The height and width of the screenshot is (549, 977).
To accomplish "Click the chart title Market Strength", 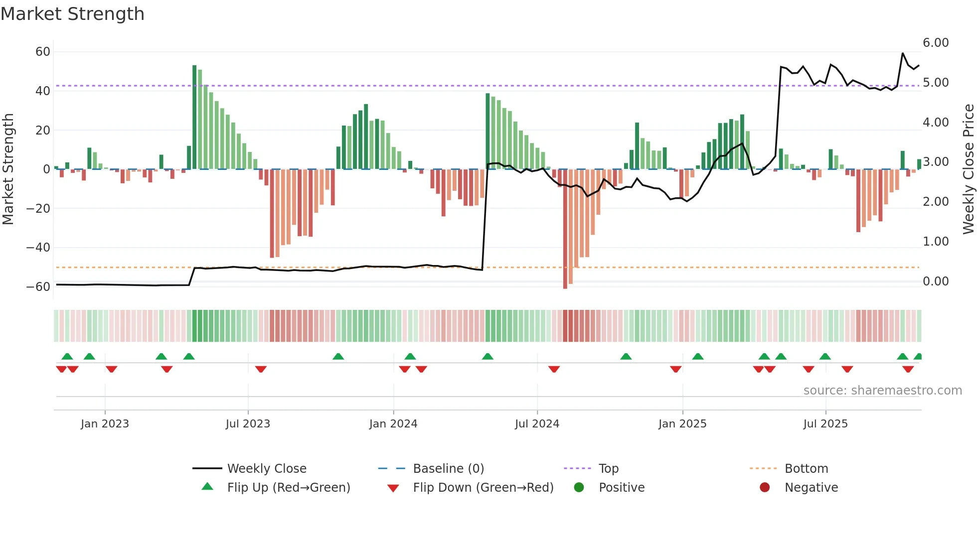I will coord(73,14).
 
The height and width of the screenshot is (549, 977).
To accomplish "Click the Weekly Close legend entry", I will coord(266,468).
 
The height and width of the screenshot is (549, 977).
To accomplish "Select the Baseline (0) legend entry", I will coord(448,468).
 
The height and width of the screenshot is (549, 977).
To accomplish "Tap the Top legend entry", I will coord(608,468).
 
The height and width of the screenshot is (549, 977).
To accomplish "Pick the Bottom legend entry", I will coord(806,468).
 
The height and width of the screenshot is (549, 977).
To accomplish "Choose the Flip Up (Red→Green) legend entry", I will coord(288,487).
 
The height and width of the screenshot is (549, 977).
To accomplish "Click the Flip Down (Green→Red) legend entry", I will coord(483,487).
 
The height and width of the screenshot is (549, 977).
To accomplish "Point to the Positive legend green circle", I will coord(579,487).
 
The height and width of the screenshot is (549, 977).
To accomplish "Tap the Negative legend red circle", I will coord(765,487).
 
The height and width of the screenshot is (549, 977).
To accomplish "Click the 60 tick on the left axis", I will coord(43,52).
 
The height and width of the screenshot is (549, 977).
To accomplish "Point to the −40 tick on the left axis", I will coord(38,248).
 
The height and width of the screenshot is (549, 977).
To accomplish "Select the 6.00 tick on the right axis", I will coord(935,43).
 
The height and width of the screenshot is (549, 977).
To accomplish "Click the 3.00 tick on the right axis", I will coord(935,162).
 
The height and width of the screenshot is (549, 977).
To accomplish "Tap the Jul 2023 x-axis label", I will coord(248,424).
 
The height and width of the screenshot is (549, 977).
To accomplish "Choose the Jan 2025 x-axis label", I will coord(682,424).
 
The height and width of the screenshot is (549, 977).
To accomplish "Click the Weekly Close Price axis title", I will coord(968,169).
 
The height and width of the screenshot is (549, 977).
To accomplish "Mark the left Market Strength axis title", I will coord(8,169).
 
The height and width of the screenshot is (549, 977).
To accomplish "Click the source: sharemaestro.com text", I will coord(882,391).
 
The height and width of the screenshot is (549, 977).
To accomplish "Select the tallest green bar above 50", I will coord(194,117).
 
